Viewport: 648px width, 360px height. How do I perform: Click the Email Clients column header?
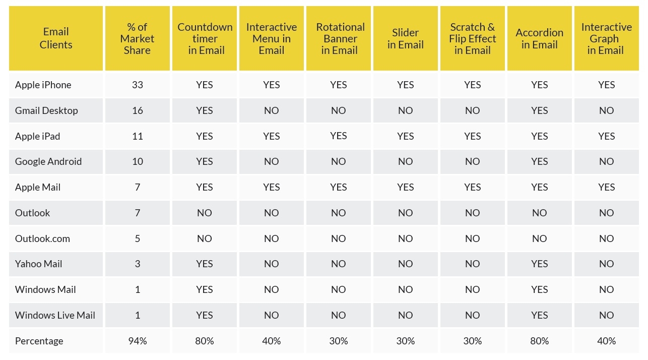coord(56,38)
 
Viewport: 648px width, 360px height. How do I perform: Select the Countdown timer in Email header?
coord(205,38)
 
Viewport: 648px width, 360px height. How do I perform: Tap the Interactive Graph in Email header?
coord(606,38)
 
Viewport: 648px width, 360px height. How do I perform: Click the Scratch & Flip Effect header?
coord(473,38)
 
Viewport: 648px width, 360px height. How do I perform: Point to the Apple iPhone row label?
coord(43,85)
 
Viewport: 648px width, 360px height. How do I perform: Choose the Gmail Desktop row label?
coord(46,110)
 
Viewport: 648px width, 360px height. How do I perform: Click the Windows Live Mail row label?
coord(55,315)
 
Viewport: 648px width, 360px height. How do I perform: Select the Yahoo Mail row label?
coord(38,264)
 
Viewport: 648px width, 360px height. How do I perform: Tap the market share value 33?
coord(138,85)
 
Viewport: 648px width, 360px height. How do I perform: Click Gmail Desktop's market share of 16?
coord(138,110)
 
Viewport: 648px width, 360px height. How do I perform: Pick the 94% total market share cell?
coord(138,341)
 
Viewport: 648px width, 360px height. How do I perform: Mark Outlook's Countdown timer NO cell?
coord(205,213)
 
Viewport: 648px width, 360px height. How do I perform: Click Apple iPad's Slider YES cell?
coord(406,136)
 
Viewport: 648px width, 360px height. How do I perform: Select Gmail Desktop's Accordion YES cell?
coord(540,110)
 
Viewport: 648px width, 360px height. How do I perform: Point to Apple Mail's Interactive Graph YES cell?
coord(607,187)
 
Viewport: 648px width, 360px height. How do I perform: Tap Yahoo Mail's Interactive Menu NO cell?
coord(272,264)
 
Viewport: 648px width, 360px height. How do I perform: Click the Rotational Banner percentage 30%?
coord(339,341)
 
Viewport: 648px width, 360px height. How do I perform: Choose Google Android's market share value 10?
coord(138,161)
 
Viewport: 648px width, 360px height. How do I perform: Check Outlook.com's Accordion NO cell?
coord(540,238)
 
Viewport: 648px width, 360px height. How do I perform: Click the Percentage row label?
coord(39,341)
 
